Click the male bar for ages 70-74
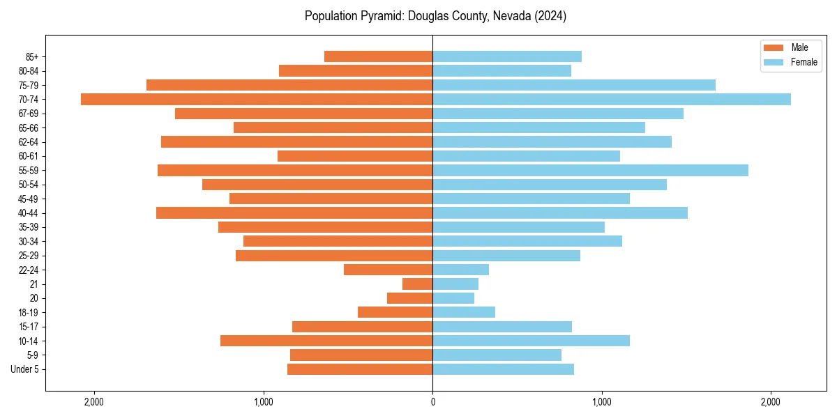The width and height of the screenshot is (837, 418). (x=257, y=99)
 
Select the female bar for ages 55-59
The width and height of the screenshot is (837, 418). (x=590, y=170)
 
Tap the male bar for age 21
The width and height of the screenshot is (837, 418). (x=417, y=284)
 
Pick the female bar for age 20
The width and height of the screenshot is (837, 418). (x=453, y=298)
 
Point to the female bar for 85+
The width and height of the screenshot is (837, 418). (x=507, y=56)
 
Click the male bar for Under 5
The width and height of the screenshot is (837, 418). (x=360, y=369)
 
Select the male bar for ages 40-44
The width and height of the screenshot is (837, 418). (x=294, y=212)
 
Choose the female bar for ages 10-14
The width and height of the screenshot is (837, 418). (x=531, y=341)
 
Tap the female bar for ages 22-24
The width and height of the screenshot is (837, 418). (x=460, y=270)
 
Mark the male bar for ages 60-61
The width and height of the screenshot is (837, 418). (x=355, y=156)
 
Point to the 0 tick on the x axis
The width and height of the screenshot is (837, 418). (x=432, y=401)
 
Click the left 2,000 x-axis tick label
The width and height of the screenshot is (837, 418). (x=94, y=401)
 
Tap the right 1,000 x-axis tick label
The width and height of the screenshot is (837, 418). (x=602, y=401)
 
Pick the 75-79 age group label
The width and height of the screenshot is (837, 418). (x=29, y=85)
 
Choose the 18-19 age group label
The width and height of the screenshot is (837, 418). (x=29, y=312)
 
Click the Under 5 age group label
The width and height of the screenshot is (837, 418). (x=24, y=369)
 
